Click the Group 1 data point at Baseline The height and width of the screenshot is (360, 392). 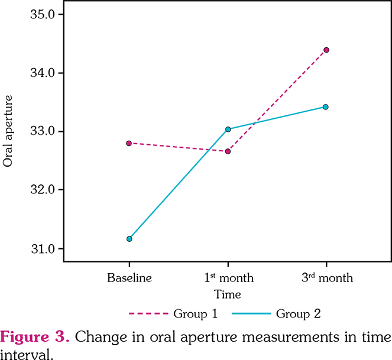[129, 143]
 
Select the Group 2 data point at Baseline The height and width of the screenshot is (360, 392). [129, 239]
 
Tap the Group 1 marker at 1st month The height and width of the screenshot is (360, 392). [228, 151]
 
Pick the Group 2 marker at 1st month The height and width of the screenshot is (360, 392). [228, 129]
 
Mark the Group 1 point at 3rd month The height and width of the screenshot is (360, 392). [326, 50]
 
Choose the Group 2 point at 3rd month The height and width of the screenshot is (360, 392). [326, 107]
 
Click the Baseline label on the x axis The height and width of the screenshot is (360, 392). [129, 278]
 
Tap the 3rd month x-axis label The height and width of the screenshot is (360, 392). [326, 277]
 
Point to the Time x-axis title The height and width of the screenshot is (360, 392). [228, 294]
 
